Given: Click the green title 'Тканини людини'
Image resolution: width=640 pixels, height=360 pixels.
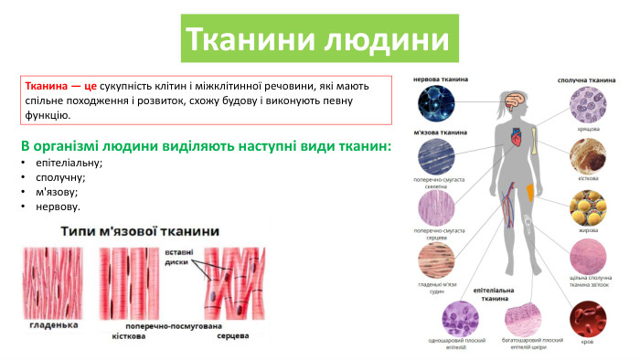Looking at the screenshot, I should (318, 39).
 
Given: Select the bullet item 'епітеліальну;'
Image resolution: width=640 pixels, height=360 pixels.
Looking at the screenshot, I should (69, 163).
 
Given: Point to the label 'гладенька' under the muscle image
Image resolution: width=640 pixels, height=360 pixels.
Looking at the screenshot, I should (53, 324).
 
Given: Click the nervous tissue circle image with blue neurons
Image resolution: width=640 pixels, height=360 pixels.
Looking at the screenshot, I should (435, 105).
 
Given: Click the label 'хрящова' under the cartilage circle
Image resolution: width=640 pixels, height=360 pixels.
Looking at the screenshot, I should (588, 130).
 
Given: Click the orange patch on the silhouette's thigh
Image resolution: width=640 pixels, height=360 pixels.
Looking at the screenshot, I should (535, 191).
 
